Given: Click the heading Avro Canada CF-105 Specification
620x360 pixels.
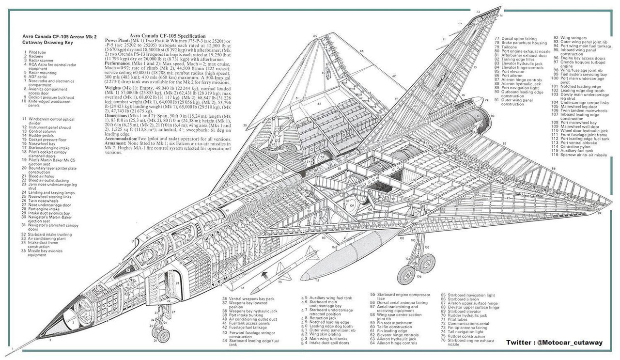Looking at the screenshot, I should tap(168, 36).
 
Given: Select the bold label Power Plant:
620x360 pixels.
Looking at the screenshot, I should tap(118, 41).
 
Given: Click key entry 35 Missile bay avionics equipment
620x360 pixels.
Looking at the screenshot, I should tap(46, 252).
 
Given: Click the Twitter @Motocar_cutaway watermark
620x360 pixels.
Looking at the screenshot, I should tap(554, 343).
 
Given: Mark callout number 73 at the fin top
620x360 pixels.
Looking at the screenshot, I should tap(478, 11).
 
